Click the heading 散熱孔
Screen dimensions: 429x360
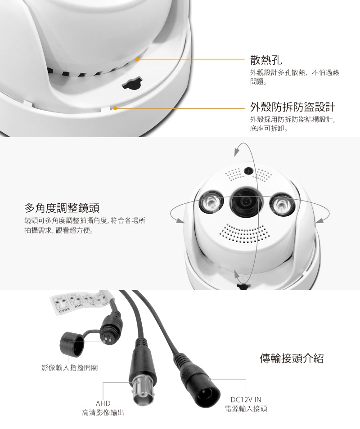click(266, 59)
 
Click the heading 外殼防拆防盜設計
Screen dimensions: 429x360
click(292, 107)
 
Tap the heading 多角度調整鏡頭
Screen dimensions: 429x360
click(62, 208)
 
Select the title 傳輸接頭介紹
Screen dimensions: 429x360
click(292, 358)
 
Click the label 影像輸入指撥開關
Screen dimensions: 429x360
click(69, 367)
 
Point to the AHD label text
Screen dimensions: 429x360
click(103, 403)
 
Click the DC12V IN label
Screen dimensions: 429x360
click(246, 399)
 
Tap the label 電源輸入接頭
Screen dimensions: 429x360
click(246, 409)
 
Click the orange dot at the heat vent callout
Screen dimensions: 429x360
click(137, 59)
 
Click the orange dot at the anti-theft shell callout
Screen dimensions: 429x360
click(116, 108)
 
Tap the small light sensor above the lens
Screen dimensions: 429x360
click(247, 171)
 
